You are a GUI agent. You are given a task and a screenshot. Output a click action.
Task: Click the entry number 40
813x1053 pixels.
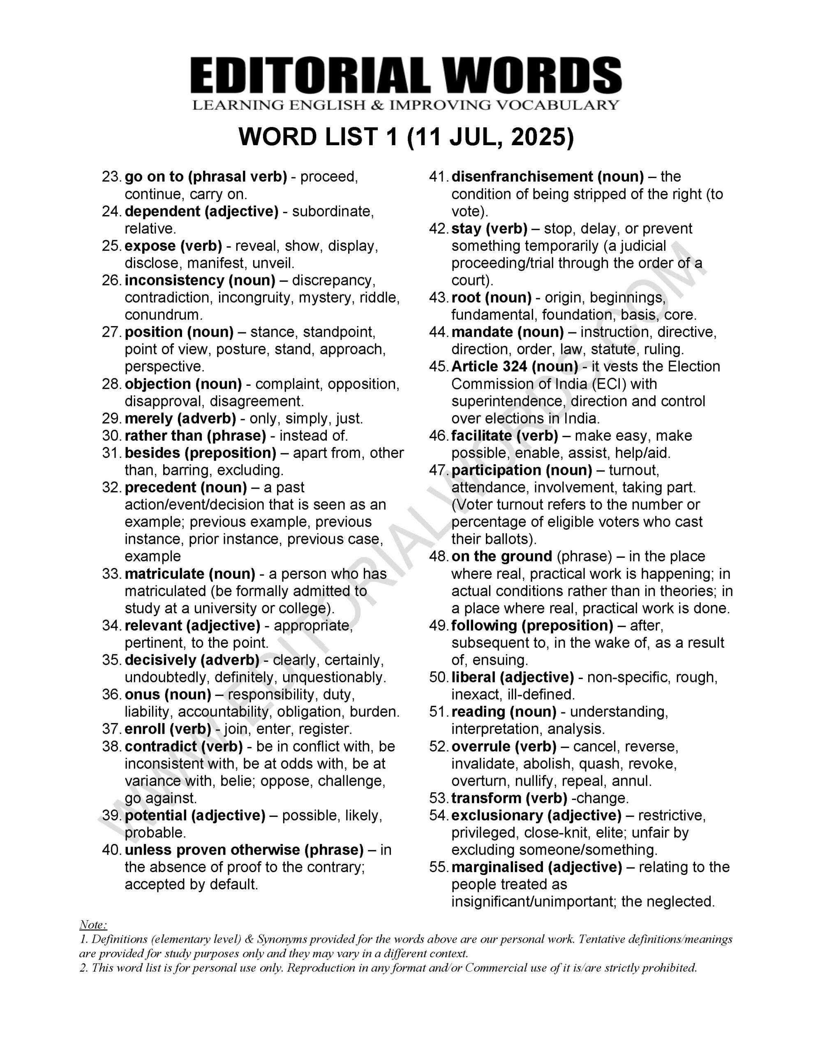111,850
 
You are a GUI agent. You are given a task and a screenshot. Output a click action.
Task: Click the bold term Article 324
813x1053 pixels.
489,367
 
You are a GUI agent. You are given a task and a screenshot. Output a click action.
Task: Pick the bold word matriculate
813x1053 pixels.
164,574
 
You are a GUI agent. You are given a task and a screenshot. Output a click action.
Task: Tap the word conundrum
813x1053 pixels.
163,315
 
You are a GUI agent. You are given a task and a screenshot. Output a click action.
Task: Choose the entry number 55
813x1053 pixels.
438,867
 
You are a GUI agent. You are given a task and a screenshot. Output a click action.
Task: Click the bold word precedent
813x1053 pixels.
160,487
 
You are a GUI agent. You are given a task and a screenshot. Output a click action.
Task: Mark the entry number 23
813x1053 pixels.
111,177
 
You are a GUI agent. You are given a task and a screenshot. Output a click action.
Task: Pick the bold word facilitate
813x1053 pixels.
481,436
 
